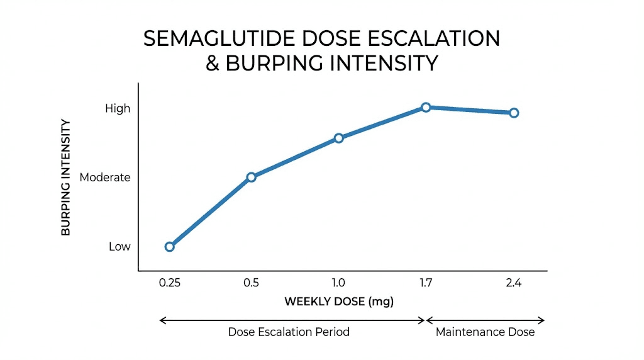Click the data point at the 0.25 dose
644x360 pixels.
(x=169, y=247)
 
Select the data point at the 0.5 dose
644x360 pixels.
(x=251, y=177)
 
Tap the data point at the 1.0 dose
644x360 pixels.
(x=338, y=138)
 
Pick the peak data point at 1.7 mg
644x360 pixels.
(x=426, y=107)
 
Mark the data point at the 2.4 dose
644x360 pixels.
(x=514, y=113)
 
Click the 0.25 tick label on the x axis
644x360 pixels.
(x=169, y=283)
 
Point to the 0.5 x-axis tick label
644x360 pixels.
(x=251, y=283)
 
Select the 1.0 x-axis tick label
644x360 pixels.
(x=338, y=283)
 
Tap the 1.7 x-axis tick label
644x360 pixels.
(x=426, y=283)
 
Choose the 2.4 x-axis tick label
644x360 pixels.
(x=514, y=283)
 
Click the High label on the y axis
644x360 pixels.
(x=118, y=108)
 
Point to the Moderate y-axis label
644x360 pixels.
(x=105, y=177)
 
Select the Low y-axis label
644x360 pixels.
(x=119, y=247)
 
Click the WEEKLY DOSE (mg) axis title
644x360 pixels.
(x=339, y=301)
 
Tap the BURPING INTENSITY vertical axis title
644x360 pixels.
(x=65, y=177)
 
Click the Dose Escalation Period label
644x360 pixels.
(x=289, y=332)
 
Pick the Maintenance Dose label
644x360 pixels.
(x=485, y=332)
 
